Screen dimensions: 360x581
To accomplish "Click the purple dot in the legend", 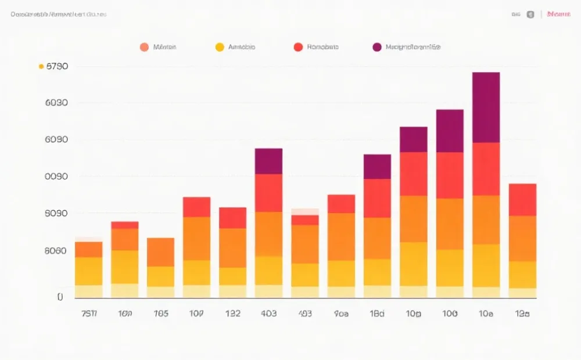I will [x=377, y=47].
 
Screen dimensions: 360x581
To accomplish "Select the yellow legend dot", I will [x=220, y=47].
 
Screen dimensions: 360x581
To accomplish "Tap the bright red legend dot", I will [x=298, y=47].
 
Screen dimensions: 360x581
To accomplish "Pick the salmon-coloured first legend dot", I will [x=144, y=47].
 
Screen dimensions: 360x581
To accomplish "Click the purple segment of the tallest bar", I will [x=486, y=107].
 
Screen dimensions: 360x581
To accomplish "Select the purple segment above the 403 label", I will [x=268, y=161].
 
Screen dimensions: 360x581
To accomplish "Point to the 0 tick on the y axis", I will [x=60, y=297].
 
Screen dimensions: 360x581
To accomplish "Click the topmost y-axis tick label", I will [x=57, y=66].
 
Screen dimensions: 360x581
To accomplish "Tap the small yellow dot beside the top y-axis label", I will [x=41, y=66].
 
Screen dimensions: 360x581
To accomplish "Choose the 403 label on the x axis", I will [x=268, y=314].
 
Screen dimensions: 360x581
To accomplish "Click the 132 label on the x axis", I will [x=232, y=314].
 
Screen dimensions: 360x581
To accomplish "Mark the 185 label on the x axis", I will [x=160, y=314].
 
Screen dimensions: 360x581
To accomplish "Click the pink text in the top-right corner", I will [x=558, y=14].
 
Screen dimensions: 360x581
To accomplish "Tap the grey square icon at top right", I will [x=530, y=15].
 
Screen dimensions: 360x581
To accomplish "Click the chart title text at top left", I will [x=58, y=14].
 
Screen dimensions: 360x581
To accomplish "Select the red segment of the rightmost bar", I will [x=522, y=199].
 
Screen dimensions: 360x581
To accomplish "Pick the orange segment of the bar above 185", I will [x=160, y=252].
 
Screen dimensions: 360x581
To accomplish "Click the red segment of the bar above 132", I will [x=232, y=218].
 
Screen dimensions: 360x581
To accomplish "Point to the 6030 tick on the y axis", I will [x=57, y=103].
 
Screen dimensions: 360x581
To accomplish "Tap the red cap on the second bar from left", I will [x=125, y=225].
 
